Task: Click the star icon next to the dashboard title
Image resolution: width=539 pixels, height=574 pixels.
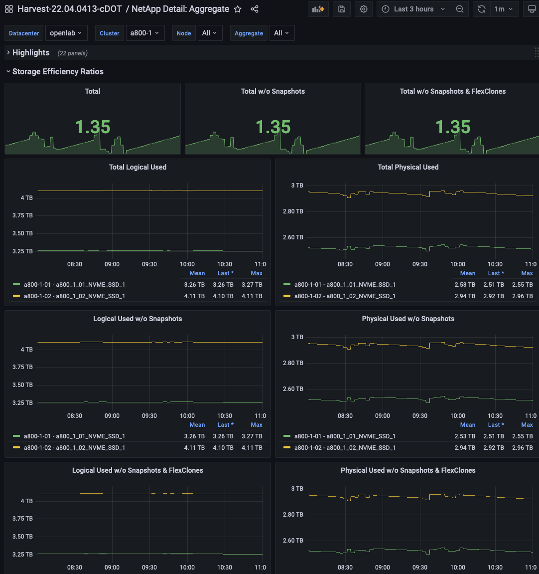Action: pos(238,9)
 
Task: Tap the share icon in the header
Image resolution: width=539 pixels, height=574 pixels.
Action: pos(255,9)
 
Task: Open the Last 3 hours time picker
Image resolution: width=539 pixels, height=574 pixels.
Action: pos(413,9)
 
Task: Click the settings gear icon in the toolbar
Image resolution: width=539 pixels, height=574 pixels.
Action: pos(364,9)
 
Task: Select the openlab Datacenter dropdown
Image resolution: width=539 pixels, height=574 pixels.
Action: pos(66,33)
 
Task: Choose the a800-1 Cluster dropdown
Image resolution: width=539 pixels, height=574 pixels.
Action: pos(145,33)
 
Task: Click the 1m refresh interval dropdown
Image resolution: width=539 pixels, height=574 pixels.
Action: pos(503,9)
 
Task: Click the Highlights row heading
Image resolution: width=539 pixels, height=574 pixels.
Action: pos(31,53)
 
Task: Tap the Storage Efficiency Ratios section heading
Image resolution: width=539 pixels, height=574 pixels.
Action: pos(58,72)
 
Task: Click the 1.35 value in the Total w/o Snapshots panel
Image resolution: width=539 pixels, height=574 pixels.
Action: pos(273,127)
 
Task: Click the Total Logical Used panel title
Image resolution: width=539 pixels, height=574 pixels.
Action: pos(137,167)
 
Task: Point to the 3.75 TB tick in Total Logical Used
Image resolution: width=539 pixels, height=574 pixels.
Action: pos(22,215)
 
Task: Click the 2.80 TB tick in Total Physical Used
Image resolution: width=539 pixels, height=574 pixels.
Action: pos(293,211)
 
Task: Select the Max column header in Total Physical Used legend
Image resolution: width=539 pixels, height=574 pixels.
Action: pos(527,273)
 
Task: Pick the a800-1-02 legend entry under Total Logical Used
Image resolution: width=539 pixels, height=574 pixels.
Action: pos(74,296)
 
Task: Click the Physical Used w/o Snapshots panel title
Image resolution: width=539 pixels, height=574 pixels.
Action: pos(408,319)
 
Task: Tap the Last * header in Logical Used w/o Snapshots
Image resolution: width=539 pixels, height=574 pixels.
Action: pos(225,425)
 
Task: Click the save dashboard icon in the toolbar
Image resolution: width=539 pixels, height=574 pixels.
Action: pos(341,9)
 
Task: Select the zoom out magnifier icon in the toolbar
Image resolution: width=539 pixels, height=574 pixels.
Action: pos(460,9)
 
